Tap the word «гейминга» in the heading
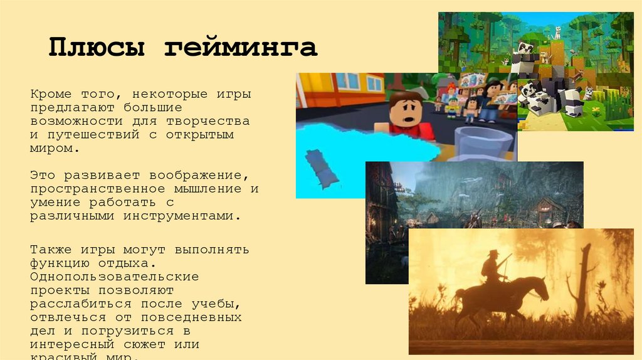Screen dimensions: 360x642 point(241,48)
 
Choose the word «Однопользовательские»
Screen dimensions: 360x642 point(115,276)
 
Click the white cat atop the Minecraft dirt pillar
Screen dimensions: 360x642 point(556,32)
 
